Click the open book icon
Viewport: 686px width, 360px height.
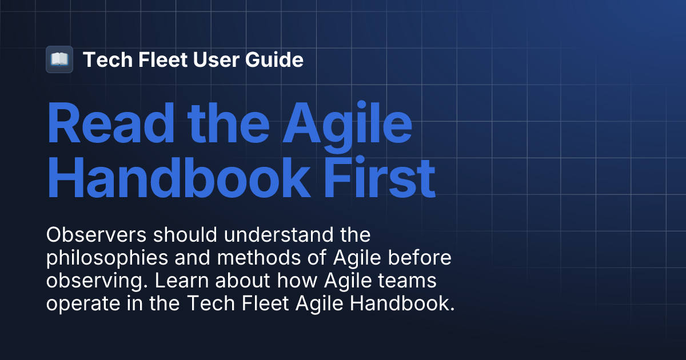[x=59, y=59]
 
